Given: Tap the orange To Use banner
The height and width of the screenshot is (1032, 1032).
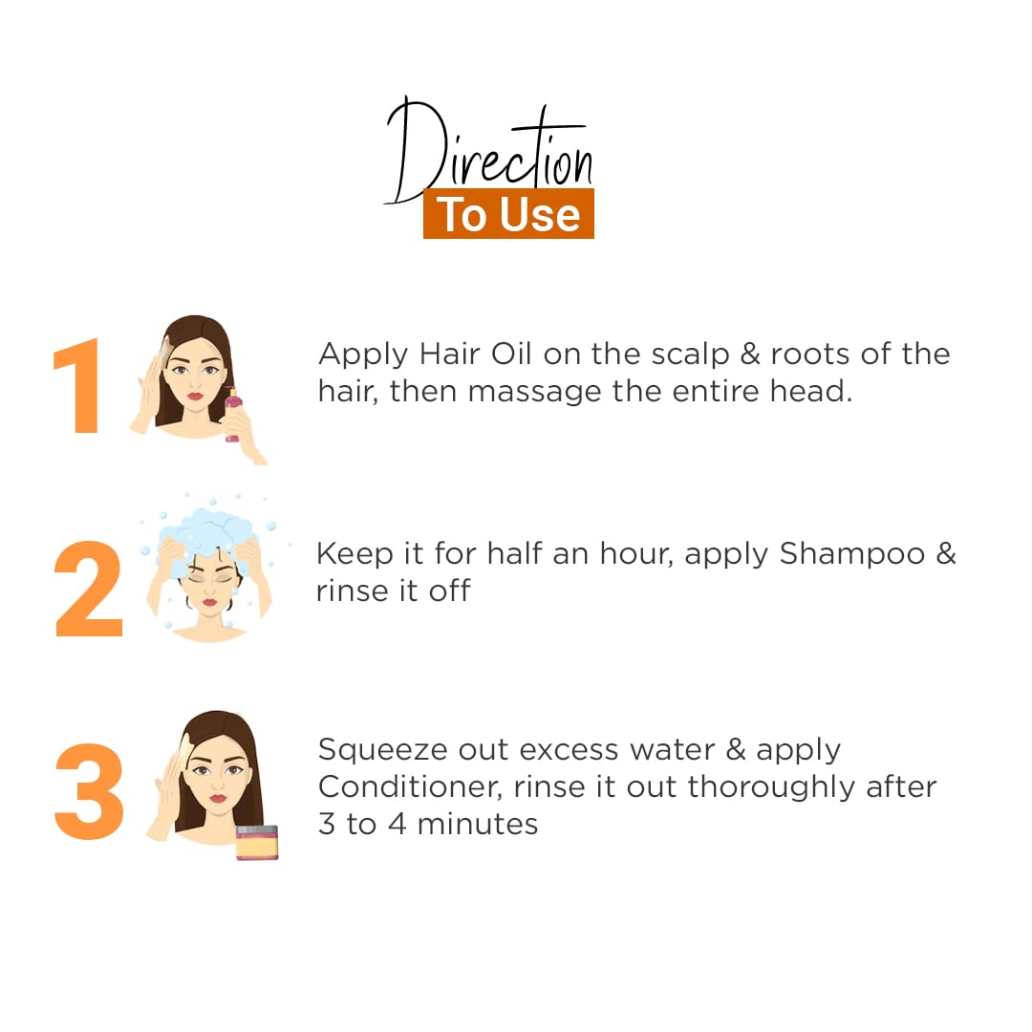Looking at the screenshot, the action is coord(508,214).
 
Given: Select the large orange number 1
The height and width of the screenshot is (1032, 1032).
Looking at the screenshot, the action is coord(78,386).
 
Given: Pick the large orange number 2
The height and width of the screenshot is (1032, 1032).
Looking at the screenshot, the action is coord(89,589).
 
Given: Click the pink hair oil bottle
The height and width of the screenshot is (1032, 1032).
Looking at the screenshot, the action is coord(233,416).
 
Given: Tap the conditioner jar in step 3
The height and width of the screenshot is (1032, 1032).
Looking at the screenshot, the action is coord(257,843).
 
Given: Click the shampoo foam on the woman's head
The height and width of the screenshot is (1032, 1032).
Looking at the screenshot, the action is coord(208,530).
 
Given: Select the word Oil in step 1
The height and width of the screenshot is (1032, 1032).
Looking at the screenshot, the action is coord(511,354).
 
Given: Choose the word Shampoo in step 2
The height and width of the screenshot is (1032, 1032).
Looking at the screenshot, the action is coord(851,555).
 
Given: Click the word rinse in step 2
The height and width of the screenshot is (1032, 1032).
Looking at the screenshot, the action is coord(351,591).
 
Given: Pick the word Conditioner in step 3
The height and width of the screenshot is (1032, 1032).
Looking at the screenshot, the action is coord(409,787).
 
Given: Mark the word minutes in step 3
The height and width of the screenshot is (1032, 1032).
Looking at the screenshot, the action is coord(477,824).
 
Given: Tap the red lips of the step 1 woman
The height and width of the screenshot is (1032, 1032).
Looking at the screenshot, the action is coord(194,397).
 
